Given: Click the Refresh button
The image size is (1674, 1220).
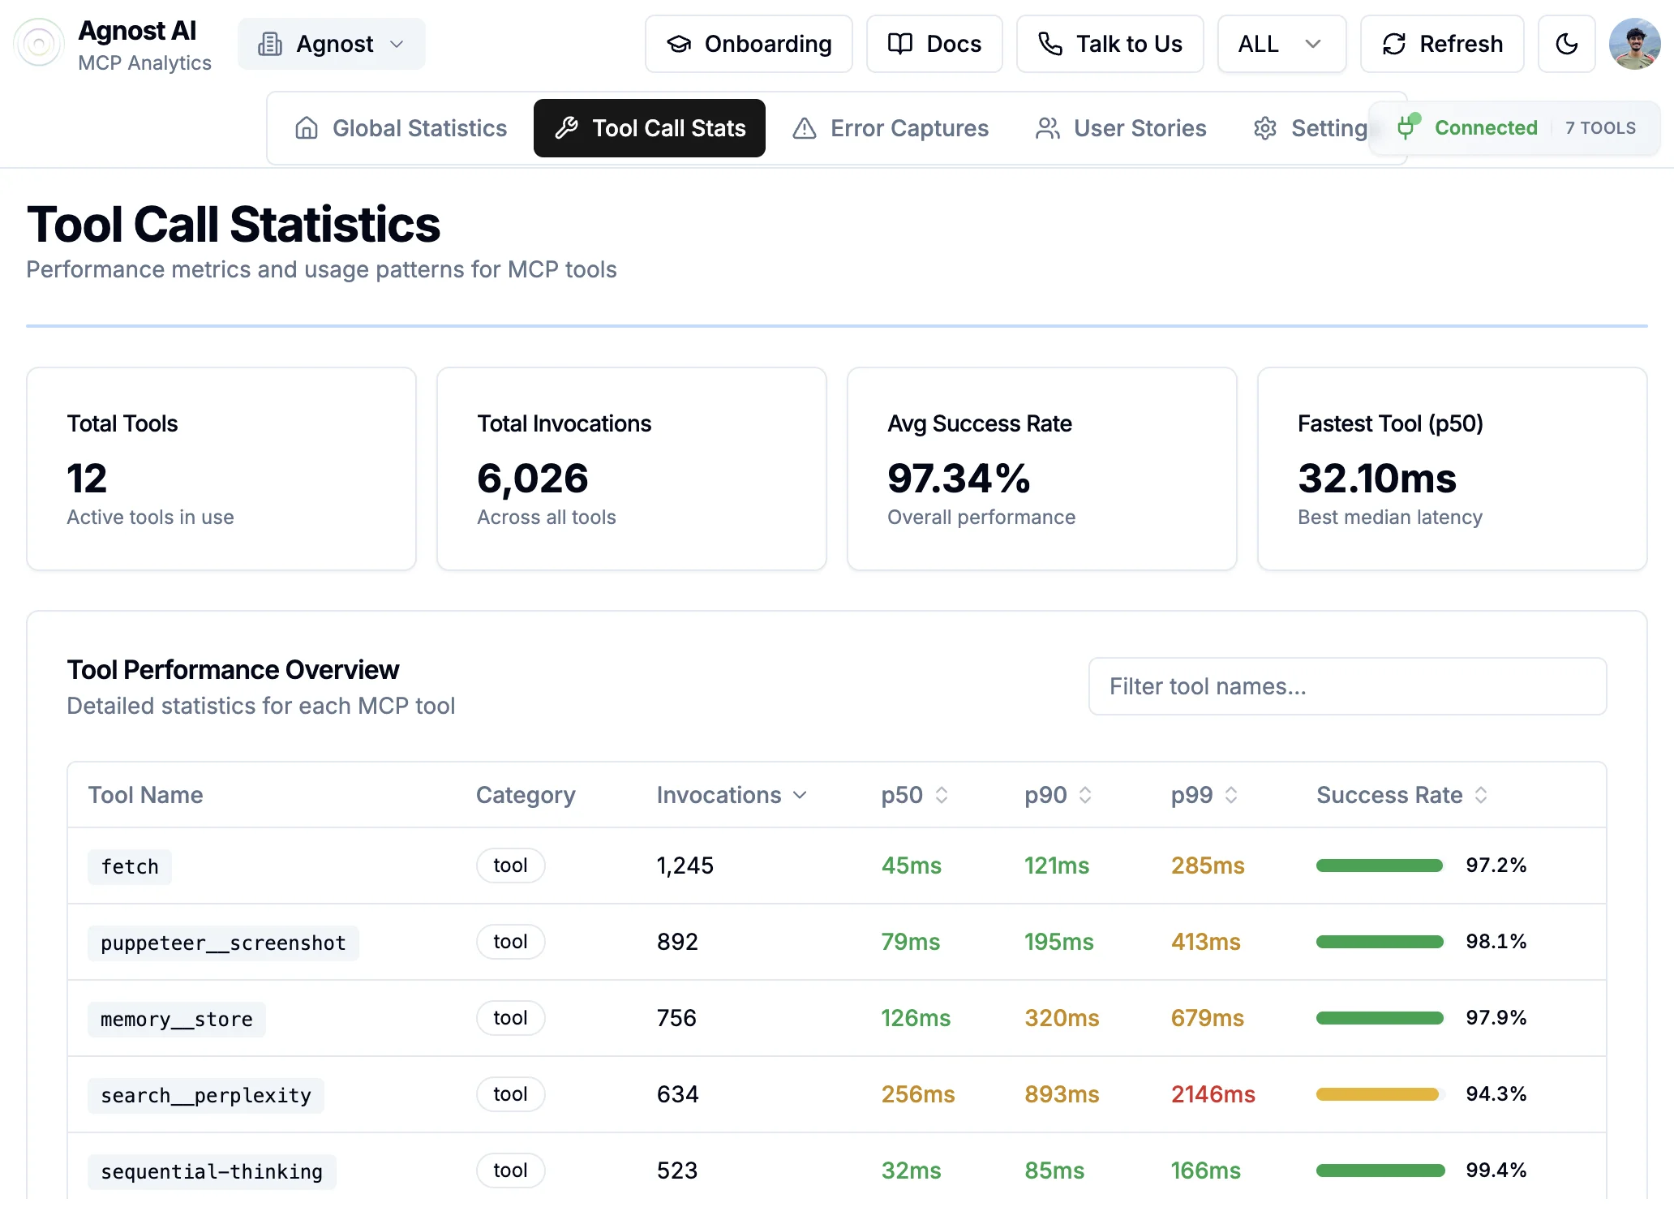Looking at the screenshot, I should (1441, 44).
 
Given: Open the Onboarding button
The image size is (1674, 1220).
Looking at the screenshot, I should (749, 44).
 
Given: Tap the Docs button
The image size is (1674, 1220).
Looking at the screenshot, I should (934, 44).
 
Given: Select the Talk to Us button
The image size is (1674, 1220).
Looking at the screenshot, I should (1110, 44).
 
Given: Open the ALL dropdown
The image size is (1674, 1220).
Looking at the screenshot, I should (1281, 44).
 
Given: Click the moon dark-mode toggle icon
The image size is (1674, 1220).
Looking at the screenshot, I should (1566, 44).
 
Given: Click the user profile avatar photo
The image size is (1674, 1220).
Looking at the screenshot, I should (1634, 44).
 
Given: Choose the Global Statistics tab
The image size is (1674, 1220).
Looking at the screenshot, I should (401, 128).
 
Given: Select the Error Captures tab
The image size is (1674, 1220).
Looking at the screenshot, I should (891, 128).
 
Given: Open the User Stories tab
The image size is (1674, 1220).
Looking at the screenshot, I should (1121, 128).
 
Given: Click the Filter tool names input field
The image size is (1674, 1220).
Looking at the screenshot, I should (1346, 686).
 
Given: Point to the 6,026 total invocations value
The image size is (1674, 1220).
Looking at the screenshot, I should (532, 478).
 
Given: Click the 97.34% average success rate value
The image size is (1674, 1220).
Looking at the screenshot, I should (958, 478).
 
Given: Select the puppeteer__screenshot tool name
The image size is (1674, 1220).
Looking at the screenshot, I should (223, 943).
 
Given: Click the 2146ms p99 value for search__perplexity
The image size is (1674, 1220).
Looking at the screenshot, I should (1213, 1094).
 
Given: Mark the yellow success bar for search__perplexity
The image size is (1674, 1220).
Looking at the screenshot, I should (1377, 1094).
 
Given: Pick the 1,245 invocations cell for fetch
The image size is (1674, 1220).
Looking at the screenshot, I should (685, 866).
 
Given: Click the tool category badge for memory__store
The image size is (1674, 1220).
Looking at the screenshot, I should (510, 1018).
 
